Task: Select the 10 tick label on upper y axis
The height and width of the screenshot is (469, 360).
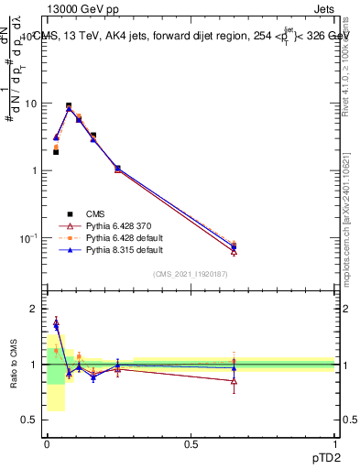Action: tap(31, 104)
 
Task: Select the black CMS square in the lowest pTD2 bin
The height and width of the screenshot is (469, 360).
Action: tap(56, 152)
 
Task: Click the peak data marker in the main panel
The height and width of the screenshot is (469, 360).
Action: tap(69, 106)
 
